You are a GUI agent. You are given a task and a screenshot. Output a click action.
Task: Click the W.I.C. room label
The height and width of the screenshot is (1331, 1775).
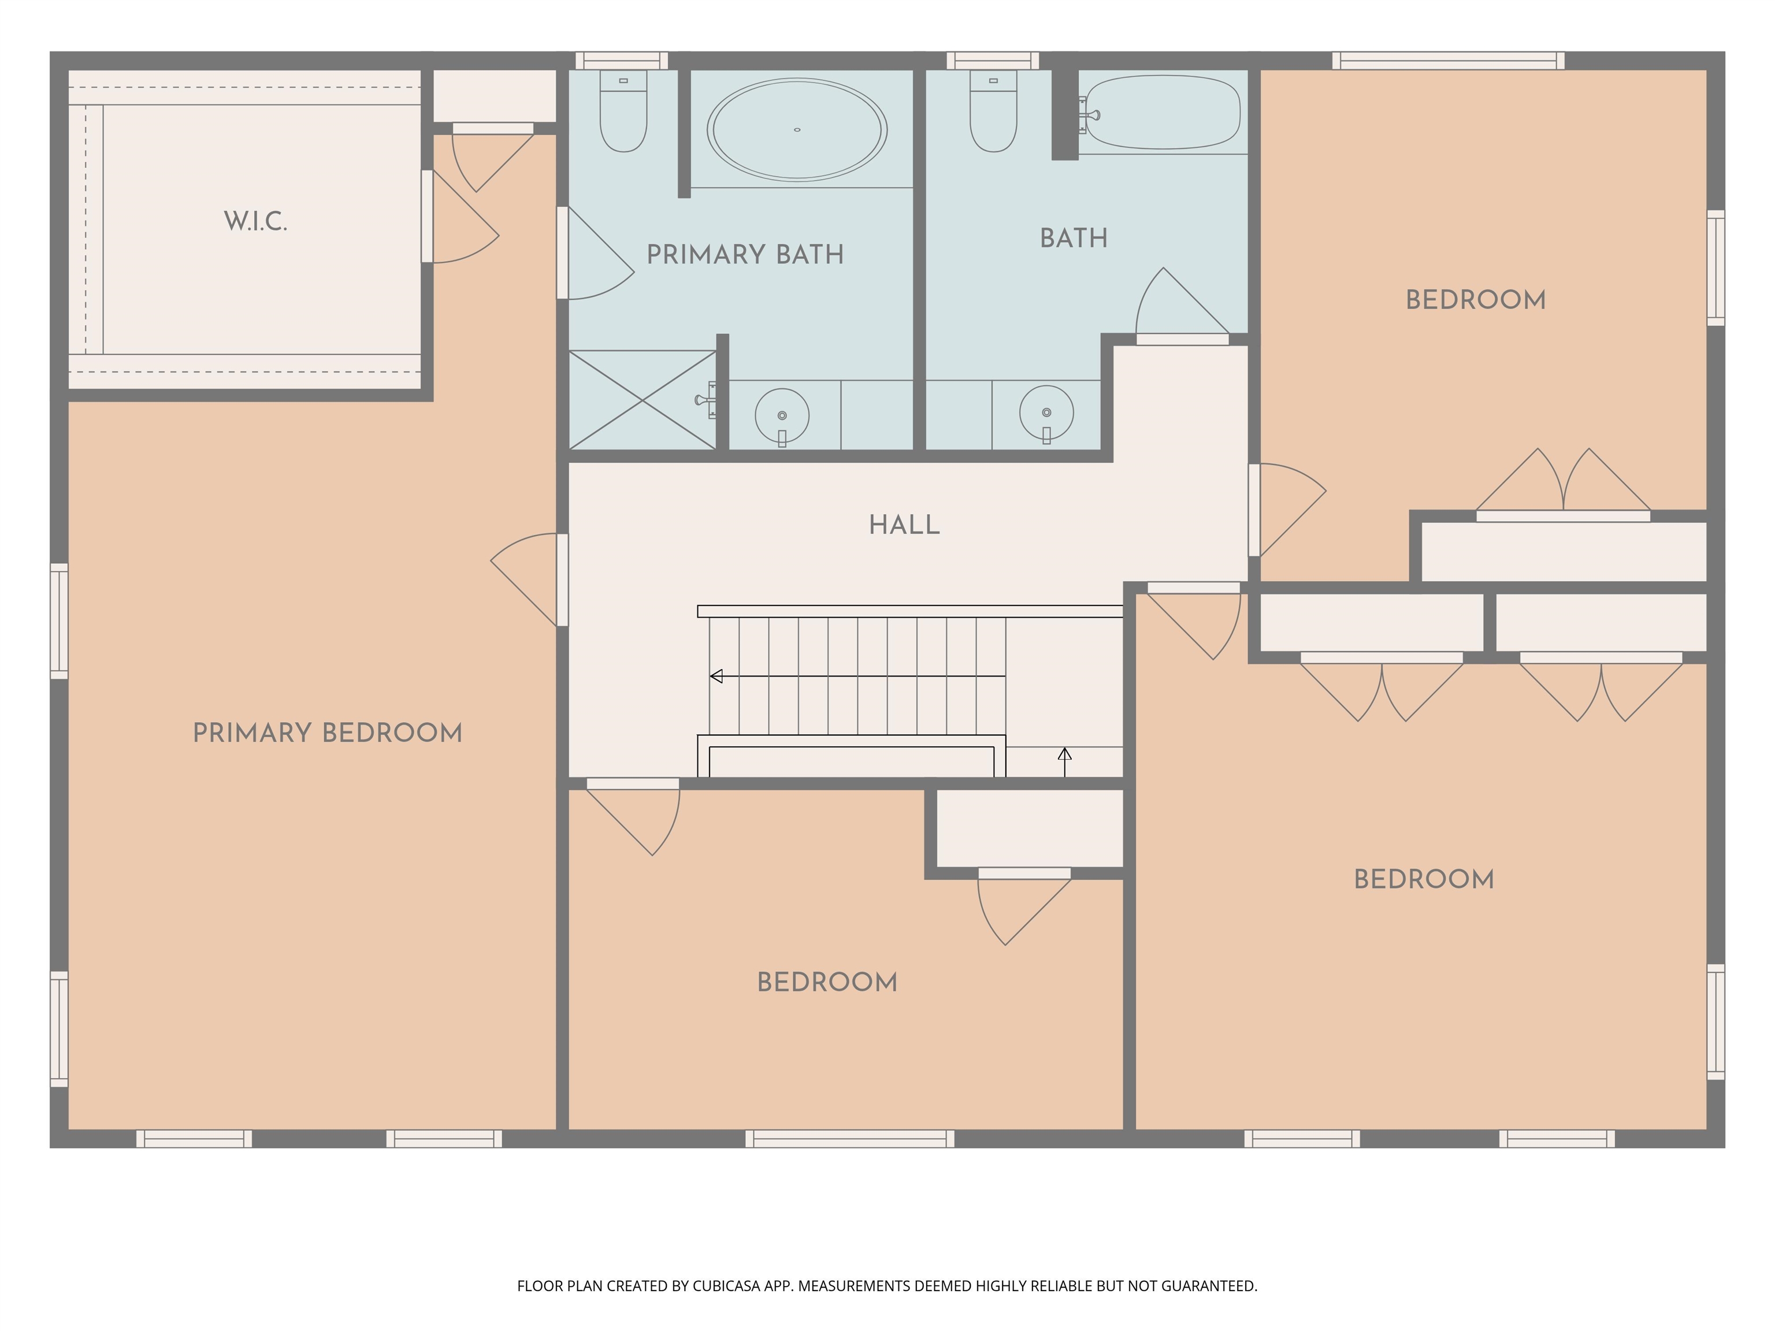click(255, 221)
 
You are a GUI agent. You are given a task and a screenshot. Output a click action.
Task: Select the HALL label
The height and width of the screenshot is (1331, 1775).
click(904, 525)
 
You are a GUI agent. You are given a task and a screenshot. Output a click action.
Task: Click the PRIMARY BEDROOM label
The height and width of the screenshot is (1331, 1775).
click(328, 733)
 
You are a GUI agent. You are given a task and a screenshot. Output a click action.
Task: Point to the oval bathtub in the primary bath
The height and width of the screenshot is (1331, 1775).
click(797, 129)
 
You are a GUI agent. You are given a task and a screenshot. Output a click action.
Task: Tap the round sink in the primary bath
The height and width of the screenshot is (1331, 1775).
click(782, 415)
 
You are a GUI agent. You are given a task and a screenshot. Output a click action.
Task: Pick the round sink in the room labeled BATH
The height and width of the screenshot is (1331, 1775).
click(1046, 412)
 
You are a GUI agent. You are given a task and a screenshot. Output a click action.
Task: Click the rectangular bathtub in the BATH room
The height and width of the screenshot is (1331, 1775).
click(1163, 112)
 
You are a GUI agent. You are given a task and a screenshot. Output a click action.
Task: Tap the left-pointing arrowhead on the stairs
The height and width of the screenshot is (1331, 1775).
click(716, 676)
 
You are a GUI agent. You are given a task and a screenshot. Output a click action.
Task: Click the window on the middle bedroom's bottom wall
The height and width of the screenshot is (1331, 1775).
click(850, 1139)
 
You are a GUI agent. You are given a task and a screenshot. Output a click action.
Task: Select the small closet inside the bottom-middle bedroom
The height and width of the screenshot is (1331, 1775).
click(1030, 828)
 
